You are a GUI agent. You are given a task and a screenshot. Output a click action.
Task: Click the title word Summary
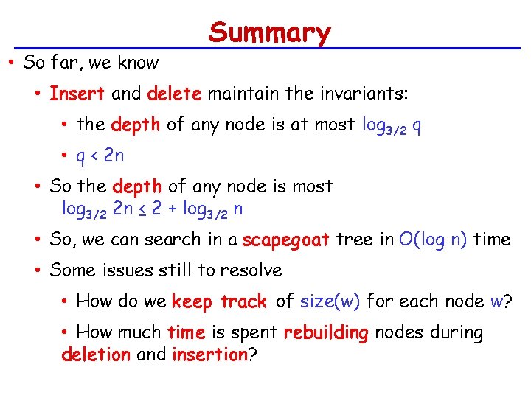[x=270, y=33]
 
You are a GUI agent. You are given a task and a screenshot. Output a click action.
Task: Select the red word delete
[x=175, y=94]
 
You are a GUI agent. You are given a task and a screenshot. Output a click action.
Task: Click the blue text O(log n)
[x=433, y=240]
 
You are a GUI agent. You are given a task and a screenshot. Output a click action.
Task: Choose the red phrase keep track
[x=219, y=301]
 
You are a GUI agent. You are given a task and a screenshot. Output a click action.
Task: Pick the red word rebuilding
[x=325, y=333]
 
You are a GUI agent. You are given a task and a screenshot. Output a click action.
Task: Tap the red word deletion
[x=96, y=355]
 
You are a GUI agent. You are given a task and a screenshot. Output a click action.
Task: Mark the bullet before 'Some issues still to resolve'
[x=39, y=270]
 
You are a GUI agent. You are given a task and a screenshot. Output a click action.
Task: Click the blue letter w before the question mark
[x=497, y=301]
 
